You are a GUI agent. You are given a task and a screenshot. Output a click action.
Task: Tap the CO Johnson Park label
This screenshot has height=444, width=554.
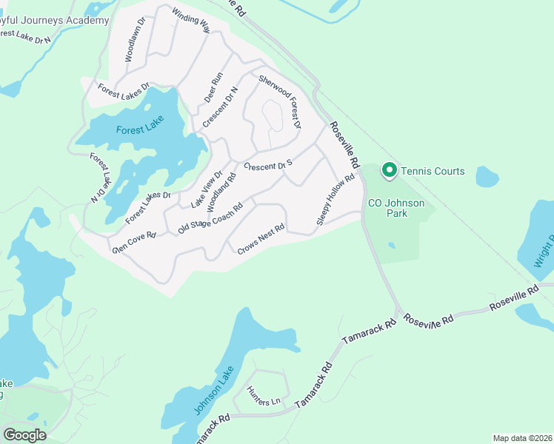point(398,207)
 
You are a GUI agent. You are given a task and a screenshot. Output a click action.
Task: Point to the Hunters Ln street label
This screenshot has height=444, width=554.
point(264,400)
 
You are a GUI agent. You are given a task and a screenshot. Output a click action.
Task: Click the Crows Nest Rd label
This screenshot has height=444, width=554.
point(261,240)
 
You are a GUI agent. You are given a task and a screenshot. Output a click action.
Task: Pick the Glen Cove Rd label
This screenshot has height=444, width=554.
point(133,242)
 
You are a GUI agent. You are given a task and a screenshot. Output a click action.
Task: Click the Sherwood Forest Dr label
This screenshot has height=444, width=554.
point(280,101)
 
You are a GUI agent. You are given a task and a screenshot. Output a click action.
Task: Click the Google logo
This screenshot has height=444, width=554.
point(24,435)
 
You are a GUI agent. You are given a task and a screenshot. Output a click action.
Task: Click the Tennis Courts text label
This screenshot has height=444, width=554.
point(433,171)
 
